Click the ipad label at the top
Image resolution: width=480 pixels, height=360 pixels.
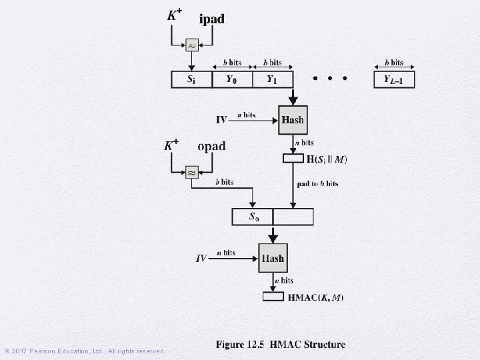[x=212, y=19]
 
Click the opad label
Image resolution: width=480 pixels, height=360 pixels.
[x=211, y=146]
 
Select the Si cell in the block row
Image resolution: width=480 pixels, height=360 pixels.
[x=191, y=80]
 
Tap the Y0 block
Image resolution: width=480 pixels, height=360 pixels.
[x=231, y=80]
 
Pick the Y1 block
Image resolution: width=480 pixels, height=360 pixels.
[x=271, y=80]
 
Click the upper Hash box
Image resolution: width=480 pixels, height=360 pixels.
[x=293, y=120]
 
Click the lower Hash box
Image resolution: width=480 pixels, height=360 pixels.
[x=273, y=257]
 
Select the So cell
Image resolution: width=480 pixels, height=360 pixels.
[x=253, y=217]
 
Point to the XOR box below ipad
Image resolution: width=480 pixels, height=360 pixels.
[x=191, y=46]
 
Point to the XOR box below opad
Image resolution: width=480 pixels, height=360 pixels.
[x=191, y=173]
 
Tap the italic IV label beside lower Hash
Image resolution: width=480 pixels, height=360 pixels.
[x=201, y=258]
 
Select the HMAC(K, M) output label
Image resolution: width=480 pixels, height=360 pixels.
[x=316, y=297]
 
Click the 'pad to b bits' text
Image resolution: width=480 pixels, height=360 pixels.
[x=318, y=183]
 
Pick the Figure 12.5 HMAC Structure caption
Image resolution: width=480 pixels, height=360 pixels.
[x=281, y=345]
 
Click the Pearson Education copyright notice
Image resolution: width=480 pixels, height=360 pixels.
[x=85, y=351]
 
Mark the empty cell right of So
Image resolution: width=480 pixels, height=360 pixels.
[x=293, y=217]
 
